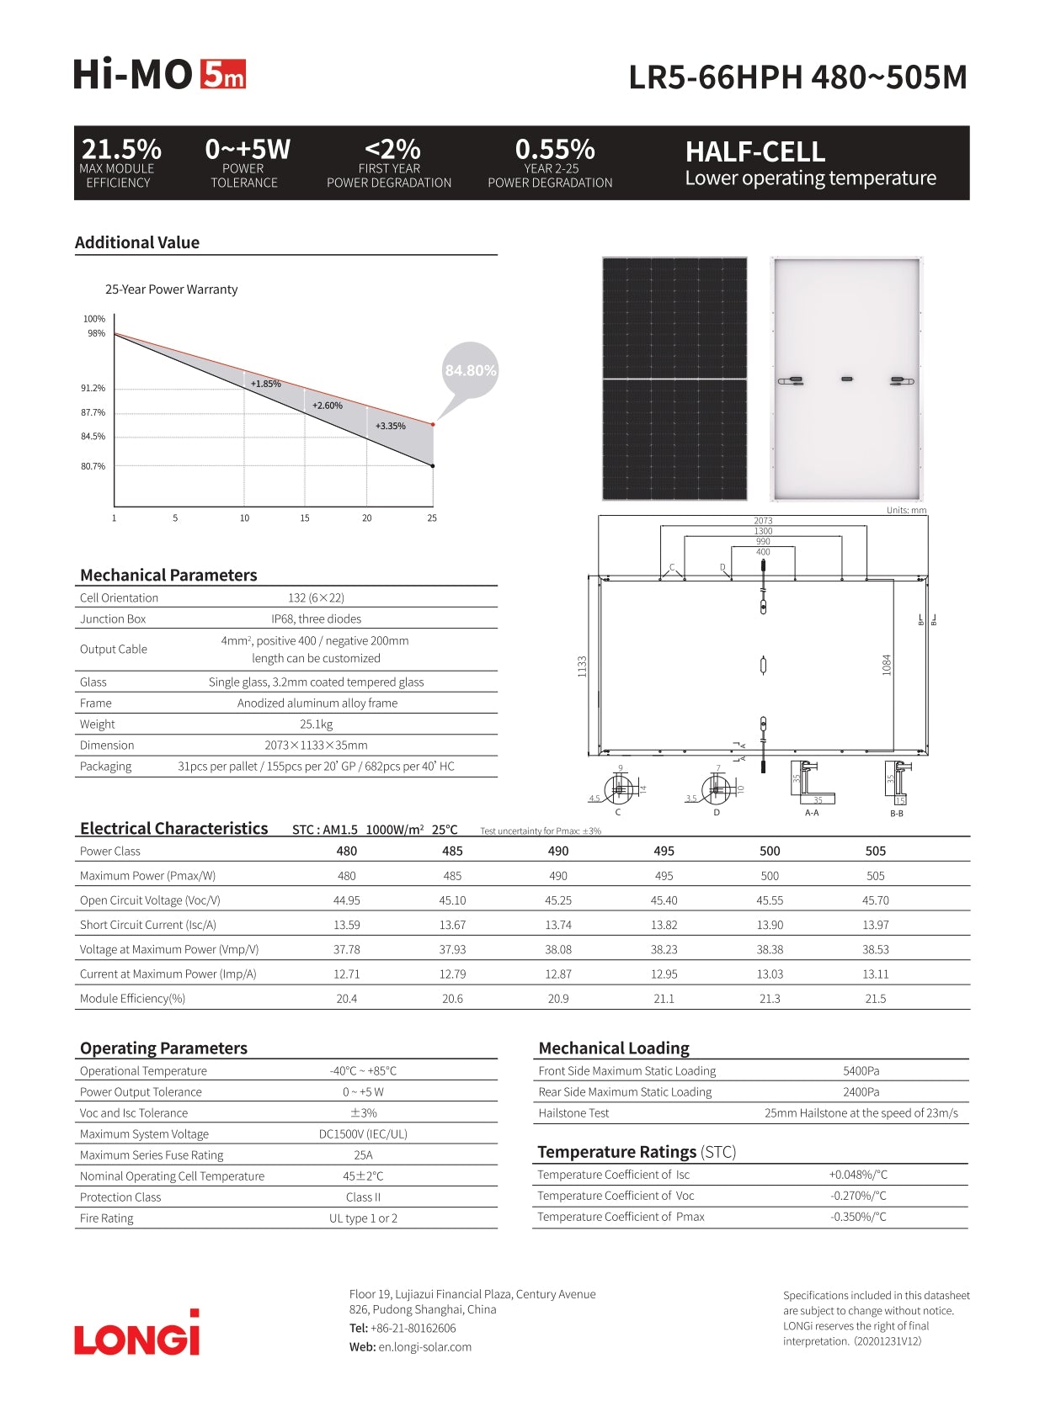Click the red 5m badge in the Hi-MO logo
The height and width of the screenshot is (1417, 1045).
click(x=223, y=75)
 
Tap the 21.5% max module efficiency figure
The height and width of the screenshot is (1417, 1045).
click(x=121, y=150)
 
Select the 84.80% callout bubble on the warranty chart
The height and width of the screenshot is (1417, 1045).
click(x=471, y=370)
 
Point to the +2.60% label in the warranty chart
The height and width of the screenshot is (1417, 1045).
click(x=328, y=406)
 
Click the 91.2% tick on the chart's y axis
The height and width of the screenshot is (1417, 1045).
click(x=93, y=389)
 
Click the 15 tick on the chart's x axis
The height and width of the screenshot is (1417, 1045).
click(x=305, y=518)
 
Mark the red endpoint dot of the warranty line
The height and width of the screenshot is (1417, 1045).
click(x=433, y=424)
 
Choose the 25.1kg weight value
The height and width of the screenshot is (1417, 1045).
click(x=317, y=724)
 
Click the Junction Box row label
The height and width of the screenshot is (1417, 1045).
click(x=113, y=619)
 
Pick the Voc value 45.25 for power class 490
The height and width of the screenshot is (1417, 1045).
click(x=558, y=900)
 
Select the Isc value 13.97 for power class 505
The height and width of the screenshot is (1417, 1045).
click(x=876, y=925)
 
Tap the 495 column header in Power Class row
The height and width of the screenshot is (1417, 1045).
click(x=664, y=851)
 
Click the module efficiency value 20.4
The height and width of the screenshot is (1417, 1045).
click(x=346, y=999)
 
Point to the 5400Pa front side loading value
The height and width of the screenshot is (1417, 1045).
click(x=861, y=1071)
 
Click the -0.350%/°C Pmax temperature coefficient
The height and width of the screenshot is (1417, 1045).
click(x=858, y=1217)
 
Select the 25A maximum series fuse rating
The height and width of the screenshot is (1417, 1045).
click(x=363, y=1155)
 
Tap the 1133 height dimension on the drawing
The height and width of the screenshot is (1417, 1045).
click(x=582, y=666)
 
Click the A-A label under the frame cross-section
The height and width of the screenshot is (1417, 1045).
click(x=812, y=813)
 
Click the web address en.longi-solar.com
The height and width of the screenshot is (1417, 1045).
click(x=424, y=1347)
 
